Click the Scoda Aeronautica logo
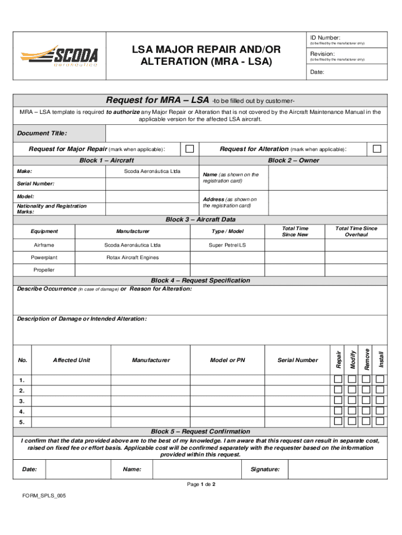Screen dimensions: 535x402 pyautogui.click(x=59, y=56)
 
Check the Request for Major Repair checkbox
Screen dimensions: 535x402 pyautogui.click(x=190, y=149)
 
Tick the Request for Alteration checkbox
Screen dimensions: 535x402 pyautogui.click(x=377, y=149)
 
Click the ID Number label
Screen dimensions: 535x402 pyautogui.click(x=325, y=38)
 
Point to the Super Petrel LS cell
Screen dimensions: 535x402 pyautogui.click(x=227, y=245)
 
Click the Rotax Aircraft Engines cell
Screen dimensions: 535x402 pyautogui.click(x=133, y=258)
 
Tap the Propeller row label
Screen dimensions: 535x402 pyautogui.click(x=44, y=270)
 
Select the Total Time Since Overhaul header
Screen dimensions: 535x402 pyautogui.click(x=356, y=231)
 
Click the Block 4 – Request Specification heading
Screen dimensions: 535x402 pyautogui.click(x=200, y=281)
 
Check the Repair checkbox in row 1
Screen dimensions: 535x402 pyautogui.click(x=338, y=379)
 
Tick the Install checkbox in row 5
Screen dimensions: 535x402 pyautogui.click(x=380, y=421)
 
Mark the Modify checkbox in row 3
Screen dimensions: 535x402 pyautogui.click(x=352, y=400)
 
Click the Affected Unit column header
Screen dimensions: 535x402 pyautogui.click(x=72, y=360)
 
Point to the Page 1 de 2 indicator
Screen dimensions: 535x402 pyautogui.click(x=201, y=484)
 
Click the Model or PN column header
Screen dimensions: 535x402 pyautogui.click(x=227, y=360)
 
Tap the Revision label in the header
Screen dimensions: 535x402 pyautogui.click(x=322, y=54)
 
